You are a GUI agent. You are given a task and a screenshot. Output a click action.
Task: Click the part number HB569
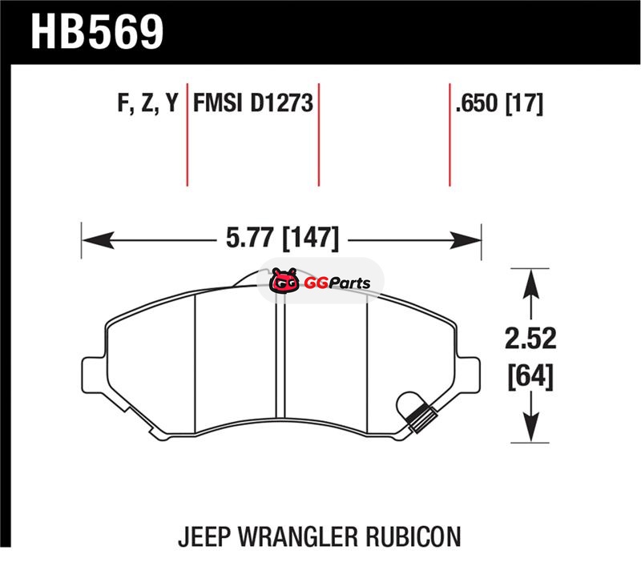click(97, 32)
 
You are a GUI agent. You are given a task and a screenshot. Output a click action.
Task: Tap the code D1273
click(282, 102)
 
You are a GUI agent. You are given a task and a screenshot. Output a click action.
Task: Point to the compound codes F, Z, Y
click(148, 103)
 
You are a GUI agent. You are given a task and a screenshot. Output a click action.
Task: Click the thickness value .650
click(478, 102)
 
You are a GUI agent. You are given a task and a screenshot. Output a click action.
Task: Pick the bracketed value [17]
click(525, 103)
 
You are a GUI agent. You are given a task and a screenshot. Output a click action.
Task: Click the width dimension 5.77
click(251, 237)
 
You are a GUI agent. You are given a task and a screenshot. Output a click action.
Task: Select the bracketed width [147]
click(311, 238)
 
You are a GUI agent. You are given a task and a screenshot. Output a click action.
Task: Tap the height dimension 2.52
click(530, 339)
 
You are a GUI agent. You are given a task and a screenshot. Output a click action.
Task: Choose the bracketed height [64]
click(530, 376)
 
